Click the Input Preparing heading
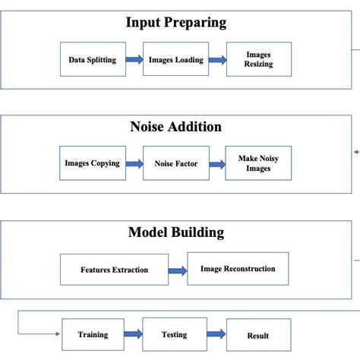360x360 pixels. click(x=175, y=23)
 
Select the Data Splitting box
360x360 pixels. click(x=93, y=59)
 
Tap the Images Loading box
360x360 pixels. click(x=175, y=59)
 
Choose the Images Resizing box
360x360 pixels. click(x=258, y=59)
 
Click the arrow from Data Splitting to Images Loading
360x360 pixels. click(x=134, y=60)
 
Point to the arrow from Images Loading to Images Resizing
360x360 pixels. click(x=217, y=60)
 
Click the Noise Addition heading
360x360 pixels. click(x=175, y=127)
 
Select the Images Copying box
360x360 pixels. click(x=93, y=163)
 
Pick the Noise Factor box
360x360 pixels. click(x=175, y=163)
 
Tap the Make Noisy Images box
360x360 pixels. click(x=258, y=163)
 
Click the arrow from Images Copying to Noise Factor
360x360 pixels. click(x=134, y=163)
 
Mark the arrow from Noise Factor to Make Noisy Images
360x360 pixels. click(x=217, y=163)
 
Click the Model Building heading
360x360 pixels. click(x=175, y=232)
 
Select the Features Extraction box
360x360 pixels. click(x=114, y=270)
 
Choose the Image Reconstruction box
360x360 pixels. click(x=238, y=269)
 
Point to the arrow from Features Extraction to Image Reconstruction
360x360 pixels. click(x=178, y=270)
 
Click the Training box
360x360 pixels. click(x=93, y=334)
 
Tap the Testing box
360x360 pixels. click(x=175, y=334)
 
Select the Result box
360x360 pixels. click(x=258, y=335)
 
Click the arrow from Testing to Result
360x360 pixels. click(x=217, y=335)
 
